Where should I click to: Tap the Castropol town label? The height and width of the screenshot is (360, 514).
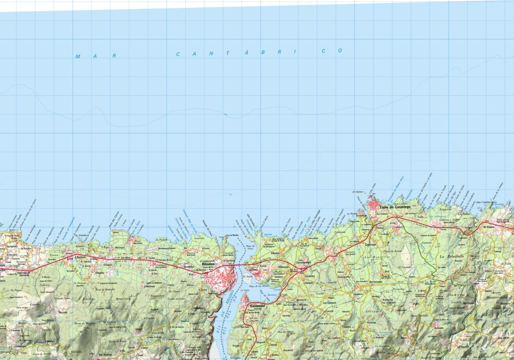tap(258, 306)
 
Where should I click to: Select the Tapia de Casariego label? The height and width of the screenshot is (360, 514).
tap(395, 207)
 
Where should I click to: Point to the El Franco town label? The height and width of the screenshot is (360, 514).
tap(489, 226)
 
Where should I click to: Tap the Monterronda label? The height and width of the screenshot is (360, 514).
tap(496, 297)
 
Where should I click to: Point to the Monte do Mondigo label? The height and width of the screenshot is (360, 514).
tap(85, 323)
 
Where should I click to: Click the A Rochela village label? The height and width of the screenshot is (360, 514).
tap(81, 258)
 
